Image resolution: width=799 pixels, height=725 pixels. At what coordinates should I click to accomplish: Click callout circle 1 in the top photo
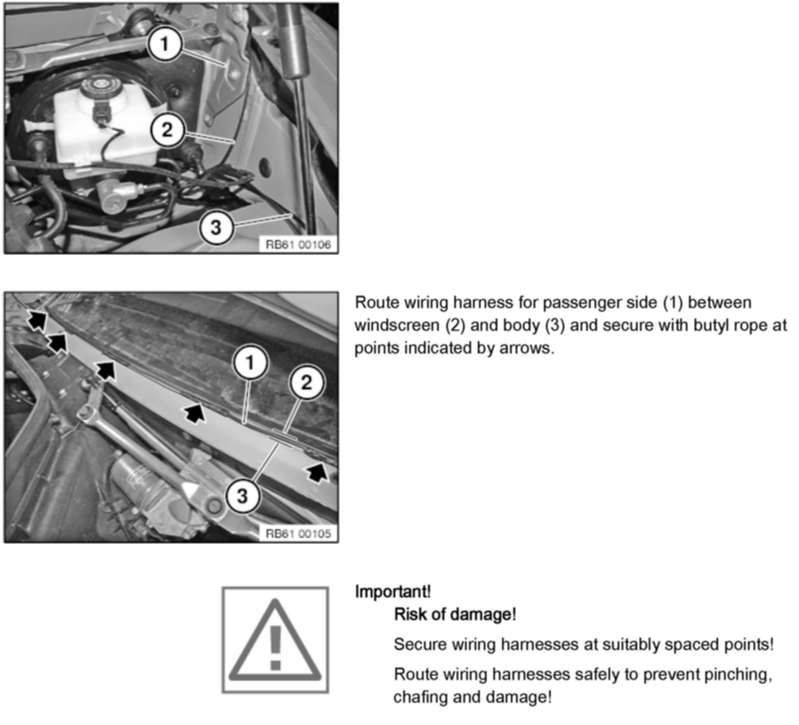(x=165, y=44)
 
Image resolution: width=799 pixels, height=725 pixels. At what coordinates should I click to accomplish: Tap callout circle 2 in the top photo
(x=167, y=130)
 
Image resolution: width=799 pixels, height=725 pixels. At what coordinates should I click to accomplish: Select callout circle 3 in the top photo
(x=216, y=228)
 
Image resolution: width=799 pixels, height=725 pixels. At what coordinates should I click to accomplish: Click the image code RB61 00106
(x=298, y=244)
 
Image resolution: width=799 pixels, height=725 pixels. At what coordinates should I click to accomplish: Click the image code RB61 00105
(x=298, y=533)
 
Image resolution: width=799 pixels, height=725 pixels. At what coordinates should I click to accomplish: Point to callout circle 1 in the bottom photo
(x=250, y=363)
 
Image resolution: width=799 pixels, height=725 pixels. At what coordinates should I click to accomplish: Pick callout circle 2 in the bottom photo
(x=306, y=383)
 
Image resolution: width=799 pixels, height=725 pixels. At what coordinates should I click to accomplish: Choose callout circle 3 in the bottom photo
(x=242, y=496)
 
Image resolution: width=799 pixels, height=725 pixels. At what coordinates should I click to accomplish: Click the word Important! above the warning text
(x=393, y=591)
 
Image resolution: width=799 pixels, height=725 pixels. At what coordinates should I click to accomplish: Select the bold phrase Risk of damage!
(x=455, y=614)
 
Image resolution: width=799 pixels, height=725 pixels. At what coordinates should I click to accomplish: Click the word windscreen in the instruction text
(x=397, y=325)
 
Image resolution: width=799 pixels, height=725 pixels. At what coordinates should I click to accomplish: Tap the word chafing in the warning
(x=420, y=697)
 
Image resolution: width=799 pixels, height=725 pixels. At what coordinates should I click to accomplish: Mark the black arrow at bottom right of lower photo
(x=317, y=473)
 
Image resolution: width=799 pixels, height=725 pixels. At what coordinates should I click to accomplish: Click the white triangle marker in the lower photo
(x=190, y=491)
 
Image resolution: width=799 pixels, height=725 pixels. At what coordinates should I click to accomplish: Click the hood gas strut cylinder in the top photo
(x=294, y=40)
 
